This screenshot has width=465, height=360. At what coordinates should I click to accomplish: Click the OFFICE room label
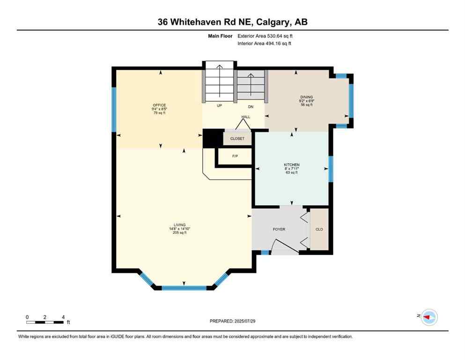[x=159, y=105]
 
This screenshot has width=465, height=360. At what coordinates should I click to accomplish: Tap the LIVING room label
[x=179, y=225]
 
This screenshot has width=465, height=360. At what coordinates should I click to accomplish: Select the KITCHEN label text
[x=291, y=165]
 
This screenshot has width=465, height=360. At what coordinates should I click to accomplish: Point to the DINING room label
[x=307, y=97]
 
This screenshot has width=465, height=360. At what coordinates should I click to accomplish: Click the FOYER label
[x=279, y=229]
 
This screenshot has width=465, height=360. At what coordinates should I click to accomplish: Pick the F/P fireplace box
[x=235, y=156]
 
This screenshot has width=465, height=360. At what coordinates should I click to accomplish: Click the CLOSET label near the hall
[x=237, y=139]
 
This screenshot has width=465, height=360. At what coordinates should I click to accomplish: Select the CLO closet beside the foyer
[x=319, y=230]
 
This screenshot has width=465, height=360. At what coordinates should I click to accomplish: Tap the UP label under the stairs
[x=219, y=106]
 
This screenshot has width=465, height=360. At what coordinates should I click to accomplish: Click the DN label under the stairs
[x=251, y=106]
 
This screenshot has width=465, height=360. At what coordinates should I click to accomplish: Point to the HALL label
[x=246, y=117]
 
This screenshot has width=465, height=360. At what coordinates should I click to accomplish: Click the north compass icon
[x=428, y=317]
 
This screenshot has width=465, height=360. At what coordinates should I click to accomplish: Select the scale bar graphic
[x=45, y=322]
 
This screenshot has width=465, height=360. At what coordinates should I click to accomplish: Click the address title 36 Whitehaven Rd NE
[x=232, y=22]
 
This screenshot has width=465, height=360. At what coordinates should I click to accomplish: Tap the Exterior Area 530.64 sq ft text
[x=266, y=36]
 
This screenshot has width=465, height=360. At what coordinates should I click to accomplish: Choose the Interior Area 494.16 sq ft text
[x=265, y=44]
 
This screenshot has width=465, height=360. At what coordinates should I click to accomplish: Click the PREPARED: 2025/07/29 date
[x=232, y=321]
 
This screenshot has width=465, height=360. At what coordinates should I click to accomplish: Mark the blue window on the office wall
[x=113, y=109]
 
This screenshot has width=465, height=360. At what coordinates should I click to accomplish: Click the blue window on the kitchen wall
[x=331, y=169]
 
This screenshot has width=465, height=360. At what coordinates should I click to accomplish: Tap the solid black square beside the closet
[x=212, y=139]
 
